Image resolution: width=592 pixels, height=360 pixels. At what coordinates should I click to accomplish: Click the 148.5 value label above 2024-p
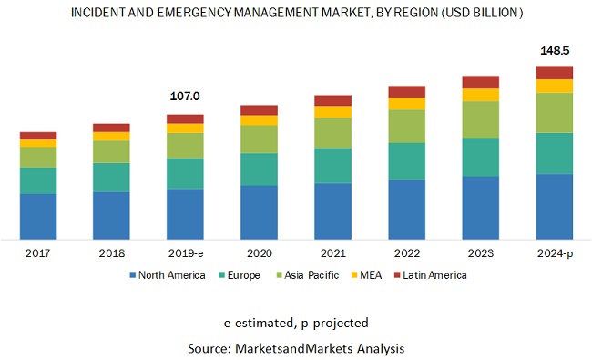tap(554, 50)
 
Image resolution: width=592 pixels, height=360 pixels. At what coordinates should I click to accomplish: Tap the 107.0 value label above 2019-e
tap(185, 97)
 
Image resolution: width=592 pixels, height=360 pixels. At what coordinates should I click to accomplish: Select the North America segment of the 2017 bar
tap(38, 216)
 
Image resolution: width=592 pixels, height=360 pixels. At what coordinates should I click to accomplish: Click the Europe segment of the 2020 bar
tap(259, 169)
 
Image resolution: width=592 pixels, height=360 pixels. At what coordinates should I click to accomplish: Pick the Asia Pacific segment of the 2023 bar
tap(480, 119)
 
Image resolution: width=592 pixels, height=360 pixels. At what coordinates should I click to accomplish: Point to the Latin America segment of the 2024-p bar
tap(554, 73)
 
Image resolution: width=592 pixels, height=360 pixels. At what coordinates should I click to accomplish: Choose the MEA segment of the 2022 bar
tap(406, 104)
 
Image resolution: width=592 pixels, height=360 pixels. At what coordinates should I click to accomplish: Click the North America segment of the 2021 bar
tap(332, 211)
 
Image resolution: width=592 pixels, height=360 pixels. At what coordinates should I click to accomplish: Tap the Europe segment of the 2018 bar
tap(111, 177)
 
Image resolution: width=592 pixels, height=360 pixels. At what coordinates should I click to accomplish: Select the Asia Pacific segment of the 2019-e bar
tap(185, 146)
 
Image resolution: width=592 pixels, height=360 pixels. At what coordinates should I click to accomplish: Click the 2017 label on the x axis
tap(38, 253)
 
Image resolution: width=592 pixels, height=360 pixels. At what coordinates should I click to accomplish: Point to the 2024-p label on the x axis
tap(554, 253)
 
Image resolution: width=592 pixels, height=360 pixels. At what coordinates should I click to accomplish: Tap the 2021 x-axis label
tap(332, 253)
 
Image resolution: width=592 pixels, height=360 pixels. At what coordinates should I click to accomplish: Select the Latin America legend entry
tap(430, 274)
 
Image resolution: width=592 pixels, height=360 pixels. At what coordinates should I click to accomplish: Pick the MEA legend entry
tap(365, 274)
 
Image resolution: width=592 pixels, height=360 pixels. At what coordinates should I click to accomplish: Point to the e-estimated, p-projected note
tap(295, 324)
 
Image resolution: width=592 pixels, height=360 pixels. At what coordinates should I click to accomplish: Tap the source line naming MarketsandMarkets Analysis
tap(295, 347)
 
